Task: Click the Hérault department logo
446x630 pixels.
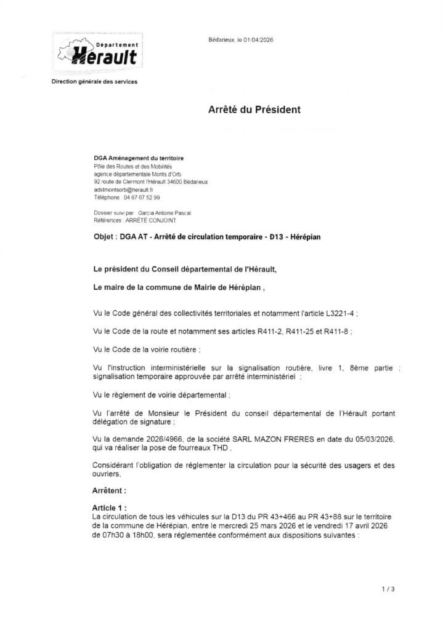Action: point(98,52)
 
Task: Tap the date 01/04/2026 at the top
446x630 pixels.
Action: point(259,39)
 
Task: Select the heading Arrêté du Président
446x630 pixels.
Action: point(254,110)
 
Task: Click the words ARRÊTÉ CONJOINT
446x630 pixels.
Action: point(152,220)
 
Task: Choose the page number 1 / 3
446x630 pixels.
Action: point(387,589)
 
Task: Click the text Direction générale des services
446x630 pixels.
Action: point(94,82)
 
